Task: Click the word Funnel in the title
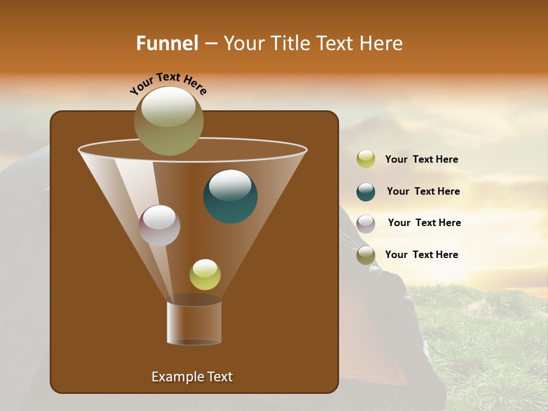(x=167, y=43)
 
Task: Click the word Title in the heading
(x=292, y=43)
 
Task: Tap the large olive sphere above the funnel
(x=169, y=121)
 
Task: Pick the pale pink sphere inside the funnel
(x=160, y=226)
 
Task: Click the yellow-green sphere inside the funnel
(x=205, y=275)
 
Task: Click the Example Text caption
(x=192, y=377)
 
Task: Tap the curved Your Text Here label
(x=168, y=83)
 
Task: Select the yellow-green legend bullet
(x=366, y=159)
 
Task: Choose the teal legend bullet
(x=366, y=192)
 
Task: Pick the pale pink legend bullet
(x=366, y=224)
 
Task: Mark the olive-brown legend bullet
(x=366, y=255)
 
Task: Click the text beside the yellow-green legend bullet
(x=421, y=160)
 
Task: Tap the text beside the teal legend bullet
(x=423, y=192)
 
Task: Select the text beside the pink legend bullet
(x=424, y=223)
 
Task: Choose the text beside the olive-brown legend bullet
(x=421, y=255)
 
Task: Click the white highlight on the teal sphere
(x=230, y=185)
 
